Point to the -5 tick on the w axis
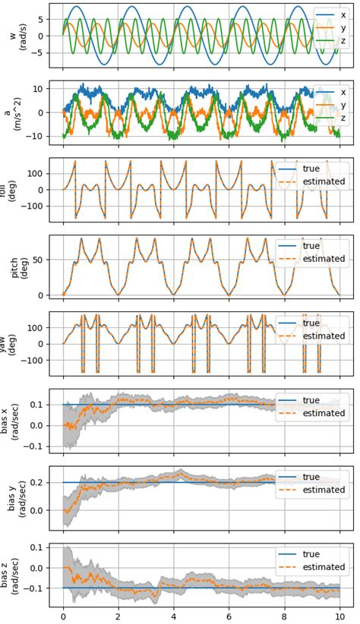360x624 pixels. coord(39,53)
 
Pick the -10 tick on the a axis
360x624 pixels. coord(36,137)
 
